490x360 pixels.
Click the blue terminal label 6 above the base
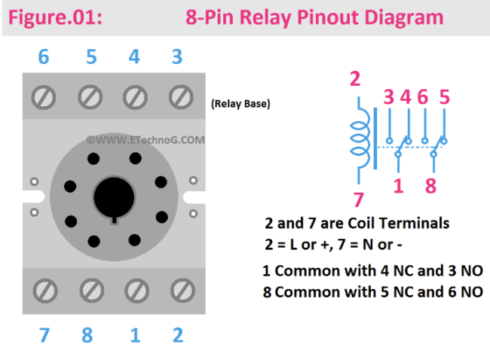tap(43, 57)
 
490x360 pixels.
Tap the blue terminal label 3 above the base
tap(176, 57)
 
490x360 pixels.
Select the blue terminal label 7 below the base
tap(44, 335)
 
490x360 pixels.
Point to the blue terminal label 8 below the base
tap(87, 335)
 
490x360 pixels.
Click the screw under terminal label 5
tap(90, 96)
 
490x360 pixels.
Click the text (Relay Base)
tap(240, 104)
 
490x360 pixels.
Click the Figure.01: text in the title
tap(53, 17)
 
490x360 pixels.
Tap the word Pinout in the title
tap(317, 17)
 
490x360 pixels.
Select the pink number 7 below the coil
tap(358, 200)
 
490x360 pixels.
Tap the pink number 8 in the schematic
tap(430, 186)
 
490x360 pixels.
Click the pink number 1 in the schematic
tap(398, 186)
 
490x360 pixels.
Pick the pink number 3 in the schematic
tap(388, 97)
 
